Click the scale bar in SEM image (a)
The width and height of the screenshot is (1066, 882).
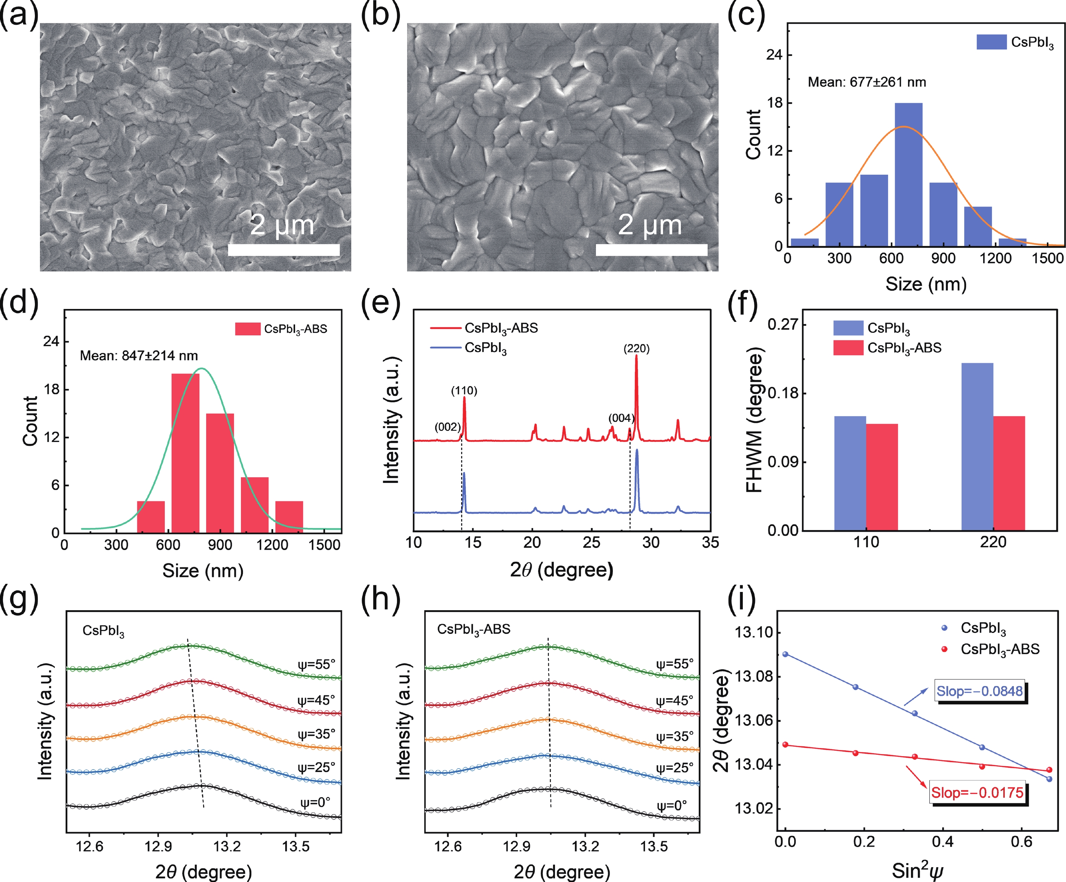click(284, 250)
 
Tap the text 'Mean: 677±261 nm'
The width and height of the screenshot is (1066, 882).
click(866, 82)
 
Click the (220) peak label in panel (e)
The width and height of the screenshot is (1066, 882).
click(636, 348)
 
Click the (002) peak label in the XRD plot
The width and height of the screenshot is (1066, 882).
click(447, 426)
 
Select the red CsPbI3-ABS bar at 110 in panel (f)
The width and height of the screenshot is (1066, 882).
click(882, 477)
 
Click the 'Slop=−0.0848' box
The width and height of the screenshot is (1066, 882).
click(979, 691)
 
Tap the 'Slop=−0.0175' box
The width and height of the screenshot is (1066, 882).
click(977, 793)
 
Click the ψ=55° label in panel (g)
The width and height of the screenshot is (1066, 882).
click(316, 664)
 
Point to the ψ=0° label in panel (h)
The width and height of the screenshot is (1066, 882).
click(671, 805)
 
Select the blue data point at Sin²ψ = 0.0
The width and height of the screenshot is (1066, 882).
click(785, 654)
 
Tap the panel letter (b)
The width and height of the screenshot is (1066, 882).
click(380, 15)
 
